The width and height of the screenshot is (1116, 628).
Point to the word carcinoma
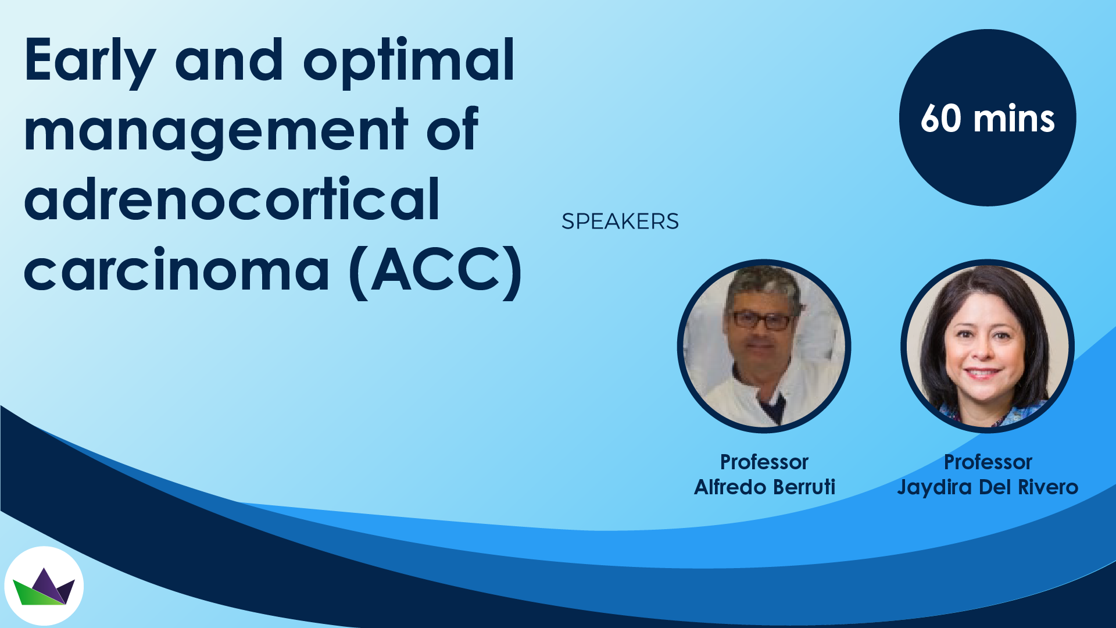tap(177, 271)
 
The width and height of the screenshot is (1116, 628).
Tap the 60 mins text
tap(988, 119)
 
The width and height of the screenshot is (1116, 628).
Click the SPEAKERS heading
tap(620, 222)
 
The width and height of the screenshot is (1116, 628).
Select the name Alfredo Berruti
tap(764, 487)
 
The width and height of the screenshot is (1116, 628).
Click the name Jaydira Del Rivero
tap(988, 487)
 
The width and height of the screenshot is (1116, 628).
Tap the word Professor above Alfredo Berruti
tap(764, 462)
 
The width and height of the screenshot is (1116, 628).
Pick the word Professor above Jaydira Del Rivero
tap(988, 462)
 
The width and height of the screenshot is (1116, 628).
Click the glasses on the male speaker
tap(762, 320)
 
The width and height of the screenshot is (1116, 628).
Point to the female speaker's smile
tap(982, 372)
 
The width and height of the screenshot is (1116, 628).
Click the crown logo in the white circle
tap(44, 586)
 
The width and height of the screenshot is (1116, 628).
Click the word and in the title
tap(229, 60)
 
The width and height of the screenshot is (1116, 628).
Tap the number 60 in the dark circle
tap(941, 119)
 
